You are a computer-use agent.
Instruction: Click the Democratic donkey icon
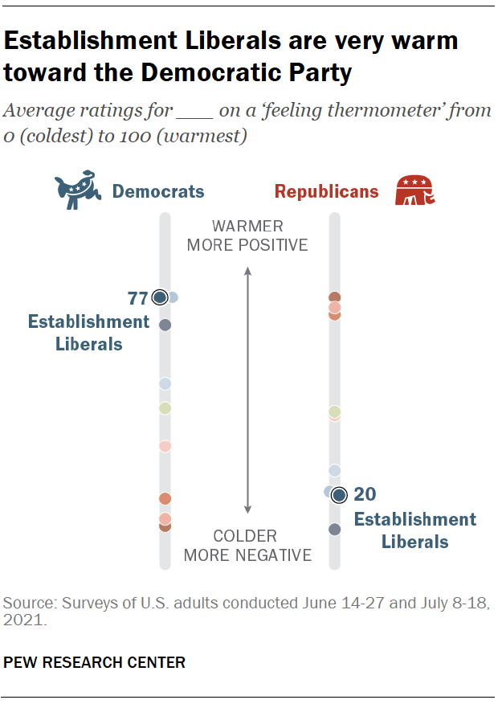79,191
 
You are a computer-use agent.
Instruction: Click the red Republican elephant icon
414,191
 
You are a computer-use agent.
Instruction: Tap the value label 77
137,299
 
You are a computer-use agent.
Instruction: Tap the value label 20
365,494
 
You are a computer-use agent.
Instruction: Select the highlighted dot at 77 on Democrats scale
159,297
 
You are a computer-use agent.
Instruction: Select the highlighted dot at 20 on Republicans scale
339,494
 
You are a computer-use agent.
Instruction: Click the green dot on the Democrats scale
165,408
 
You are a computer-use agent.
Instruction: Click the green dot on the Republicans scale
335,411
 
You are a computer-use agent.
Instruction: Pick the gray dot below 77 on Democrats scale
165,325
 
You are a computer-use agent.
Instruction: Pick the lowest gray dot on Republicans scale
335,529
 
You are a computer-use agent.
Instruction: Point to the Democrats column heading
158,191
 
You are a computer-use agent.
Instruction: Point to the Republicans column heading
327,191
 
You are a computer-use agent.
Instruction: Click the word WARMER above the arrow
247,226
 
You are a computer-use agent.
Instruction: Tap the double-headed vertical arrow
247,391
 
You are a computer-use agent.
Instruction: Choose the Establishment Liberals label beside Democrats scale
88,333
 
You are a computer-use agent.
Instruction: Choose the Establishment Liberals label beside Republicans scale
414,530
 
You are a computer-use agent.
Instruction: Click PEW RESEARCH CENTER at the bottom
95,663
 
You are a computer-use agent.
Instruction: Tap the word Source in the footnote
24,602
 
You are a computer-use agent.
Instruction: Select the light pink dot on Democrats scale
165,446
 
